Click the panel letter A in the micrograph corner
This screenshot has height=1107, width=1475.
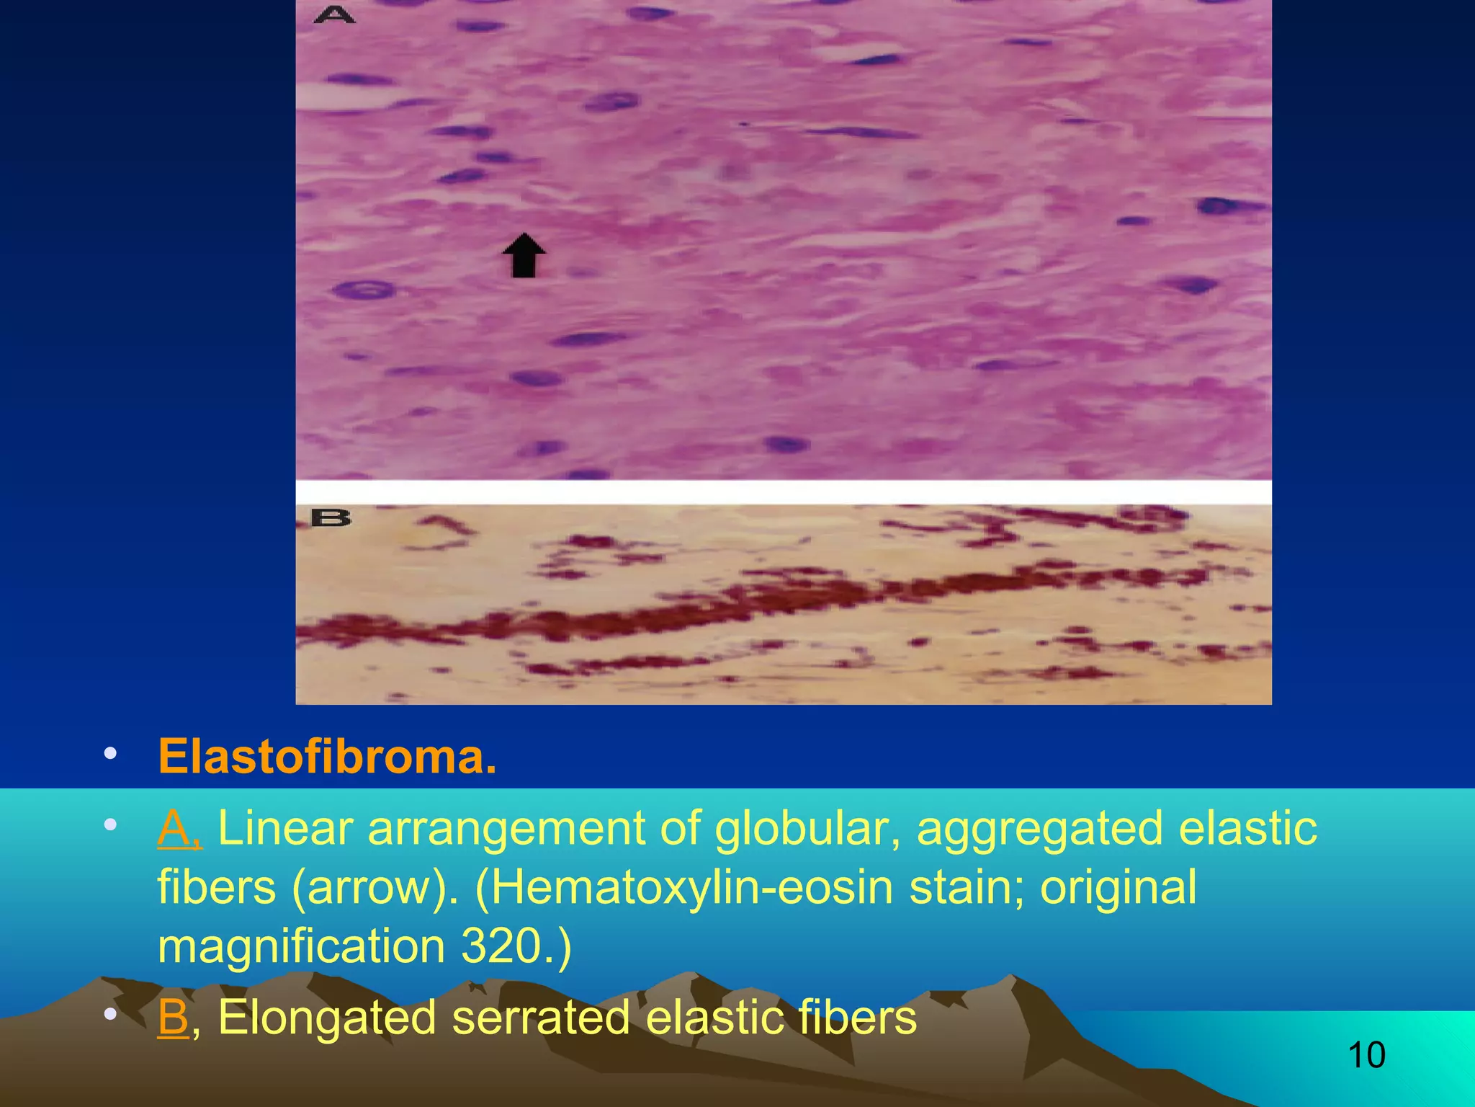[x=333, y=14]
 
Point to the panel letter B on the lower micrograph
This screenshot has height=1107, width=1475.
[x=331, y=517]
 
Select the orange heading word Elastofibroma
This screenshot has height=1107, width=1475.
[x=327, y=757]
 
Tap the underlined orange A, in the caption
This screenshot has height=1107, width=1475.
[x=179, y=828]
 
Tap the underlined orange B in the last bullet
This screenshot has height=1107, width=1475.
[x=173, y=1017]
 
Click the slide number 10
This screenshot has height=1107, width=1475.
[x=1366, y=1055]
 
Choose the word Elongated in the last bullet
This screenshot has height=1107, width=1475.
[x=327, y=1017]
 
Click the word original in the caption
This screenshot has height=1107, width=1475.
[x=1118, y=887]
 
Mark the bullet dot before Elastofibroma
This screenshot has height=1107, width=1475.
[x=110, y=754]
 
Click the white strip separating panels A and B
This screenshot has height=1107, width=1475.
[x=784, y=492]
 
